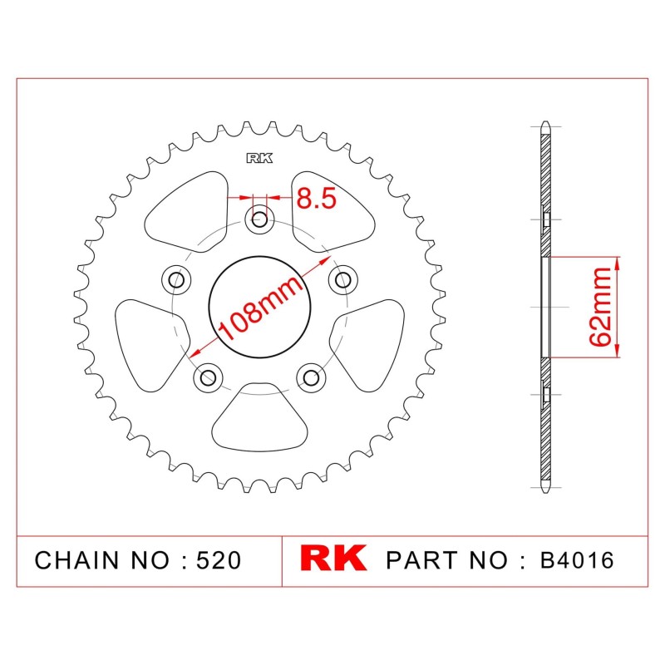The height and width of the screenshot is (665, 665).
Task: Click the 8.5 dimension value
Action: pyautogui.click(x=317, y=198)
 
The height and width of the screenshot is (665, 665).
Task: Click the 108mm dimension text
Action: pyautogui.click(x=261, y=308)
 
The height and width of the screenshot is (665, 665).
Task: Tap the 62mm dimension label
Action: pyautogui.click(x=600, y=306)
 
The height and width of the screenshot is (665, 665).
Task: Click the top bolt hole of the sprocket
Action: pyautogui.click(x=259, y=219)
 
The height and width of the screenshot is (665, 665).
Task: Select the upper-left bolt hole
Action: pyautogui.click(x=176, y=280)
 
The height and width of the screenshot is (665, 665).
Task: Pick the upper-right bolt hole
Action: pyautogui.click(x=343, y=280)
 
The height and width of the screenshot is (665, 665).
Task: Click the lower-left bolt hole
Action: pyautogui.click(x=208, y=377)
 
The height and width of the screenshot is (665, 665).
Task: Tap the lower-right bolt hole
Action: pyautogui.click(x=311, y=377)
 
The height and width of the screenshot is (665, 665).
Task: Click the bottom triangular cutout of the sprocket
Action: pyautogui.click(x=259, y=417)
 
